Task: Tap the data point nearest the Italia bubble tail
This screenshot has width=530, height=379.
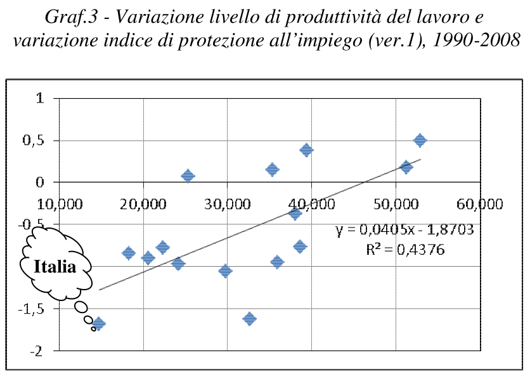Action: coord(98,324)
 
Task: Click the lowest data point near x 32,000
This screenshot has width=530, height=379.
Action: coord(249,319)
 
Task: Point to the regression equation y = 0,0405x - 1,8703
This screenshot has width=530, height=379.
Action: coord(407,229)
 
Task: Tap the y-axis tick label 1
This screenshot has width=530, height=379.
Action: coord(40,98)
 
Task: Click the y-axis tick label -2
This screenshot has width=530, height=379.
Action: coord(37,351)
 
